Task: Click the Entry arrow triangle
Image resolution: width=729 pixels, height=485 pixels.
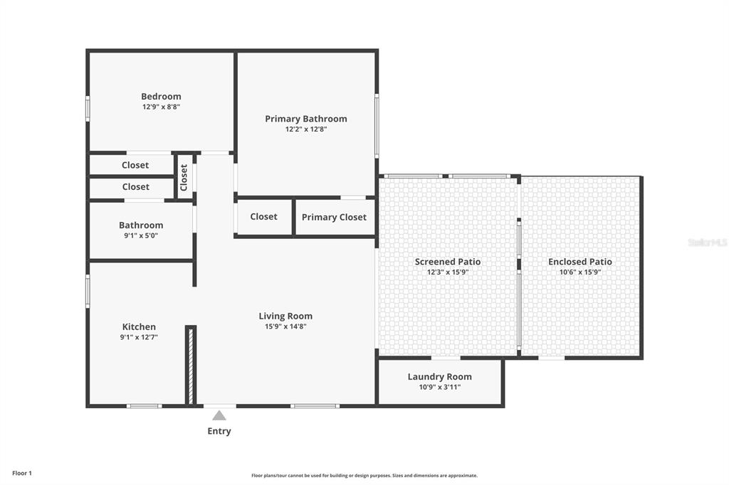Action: pos(219,415)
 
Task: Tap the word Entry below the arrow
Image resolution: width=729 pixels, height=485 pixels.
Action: pos(219,431)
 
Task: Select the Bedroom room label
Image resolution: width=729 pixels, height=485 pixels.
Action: pos(162,97)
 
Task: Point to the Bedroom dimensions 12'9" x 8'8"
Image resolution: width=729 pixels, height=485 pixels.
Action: pos(162,107)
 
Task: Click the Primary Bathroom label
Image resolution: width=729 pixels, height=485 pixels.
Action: pos(306,119)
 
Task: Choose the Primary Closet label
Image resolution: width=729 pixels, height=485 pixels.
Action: pos(334,218)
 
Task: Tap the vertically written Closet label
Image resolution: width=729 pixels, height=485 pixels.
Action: pos(184,178)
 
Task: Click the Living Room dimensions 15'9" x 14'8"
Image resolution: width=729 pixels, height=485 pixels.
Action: pos(285,326)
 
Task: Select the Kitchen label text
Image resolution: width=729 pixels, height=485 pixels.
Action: pos(139,327)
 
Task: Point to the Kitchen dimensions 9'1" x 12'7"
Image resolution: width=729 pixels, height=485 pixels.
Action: pos(139,337)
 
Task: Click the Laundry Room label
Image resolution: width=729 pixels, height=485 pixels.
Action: pos(440,377)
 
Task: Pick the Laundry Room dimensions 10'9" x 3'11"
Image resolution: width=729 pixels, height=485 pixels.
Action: pos(440,387)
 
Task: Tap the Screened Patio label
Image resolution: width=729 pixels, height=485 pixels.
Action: pos(448,262)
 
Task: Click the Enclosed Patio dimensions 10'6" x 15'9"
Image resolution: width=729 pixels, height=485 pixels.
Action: pos(580,272)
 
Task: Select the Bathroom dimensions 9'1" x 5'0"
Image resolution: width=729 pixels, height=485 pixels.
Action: pos(141,235)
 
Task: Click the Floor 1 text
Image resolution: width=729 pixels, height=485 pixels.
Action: pos(22,474)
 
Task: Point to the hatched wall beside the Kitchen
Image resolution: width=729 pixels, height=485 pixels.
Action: pos(191,366)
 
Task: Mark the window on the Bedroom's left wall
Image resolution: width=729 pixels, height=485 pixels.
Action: pos(88,110)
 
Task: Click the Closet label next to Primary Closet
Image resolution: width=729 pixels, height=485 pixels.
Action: pos(263,216)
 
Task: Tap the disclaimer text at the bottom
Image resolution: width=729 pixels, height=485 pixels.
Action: pos(364,476)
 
